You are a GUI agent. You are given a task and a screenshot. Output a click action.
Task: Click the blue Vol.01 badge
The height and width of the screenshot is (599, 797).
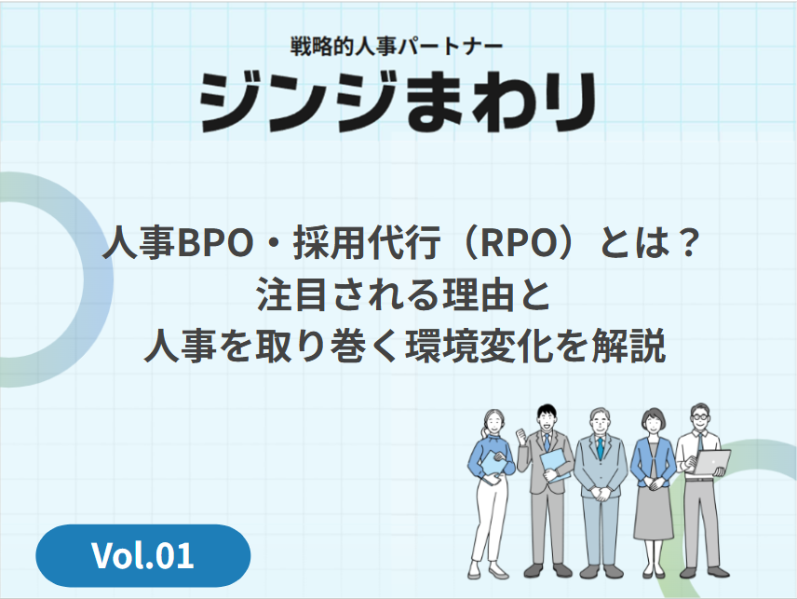142,555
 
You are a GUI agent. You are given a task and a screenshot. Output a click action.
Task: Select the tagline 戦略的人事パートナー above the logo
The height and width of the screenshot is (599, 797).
398,43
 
